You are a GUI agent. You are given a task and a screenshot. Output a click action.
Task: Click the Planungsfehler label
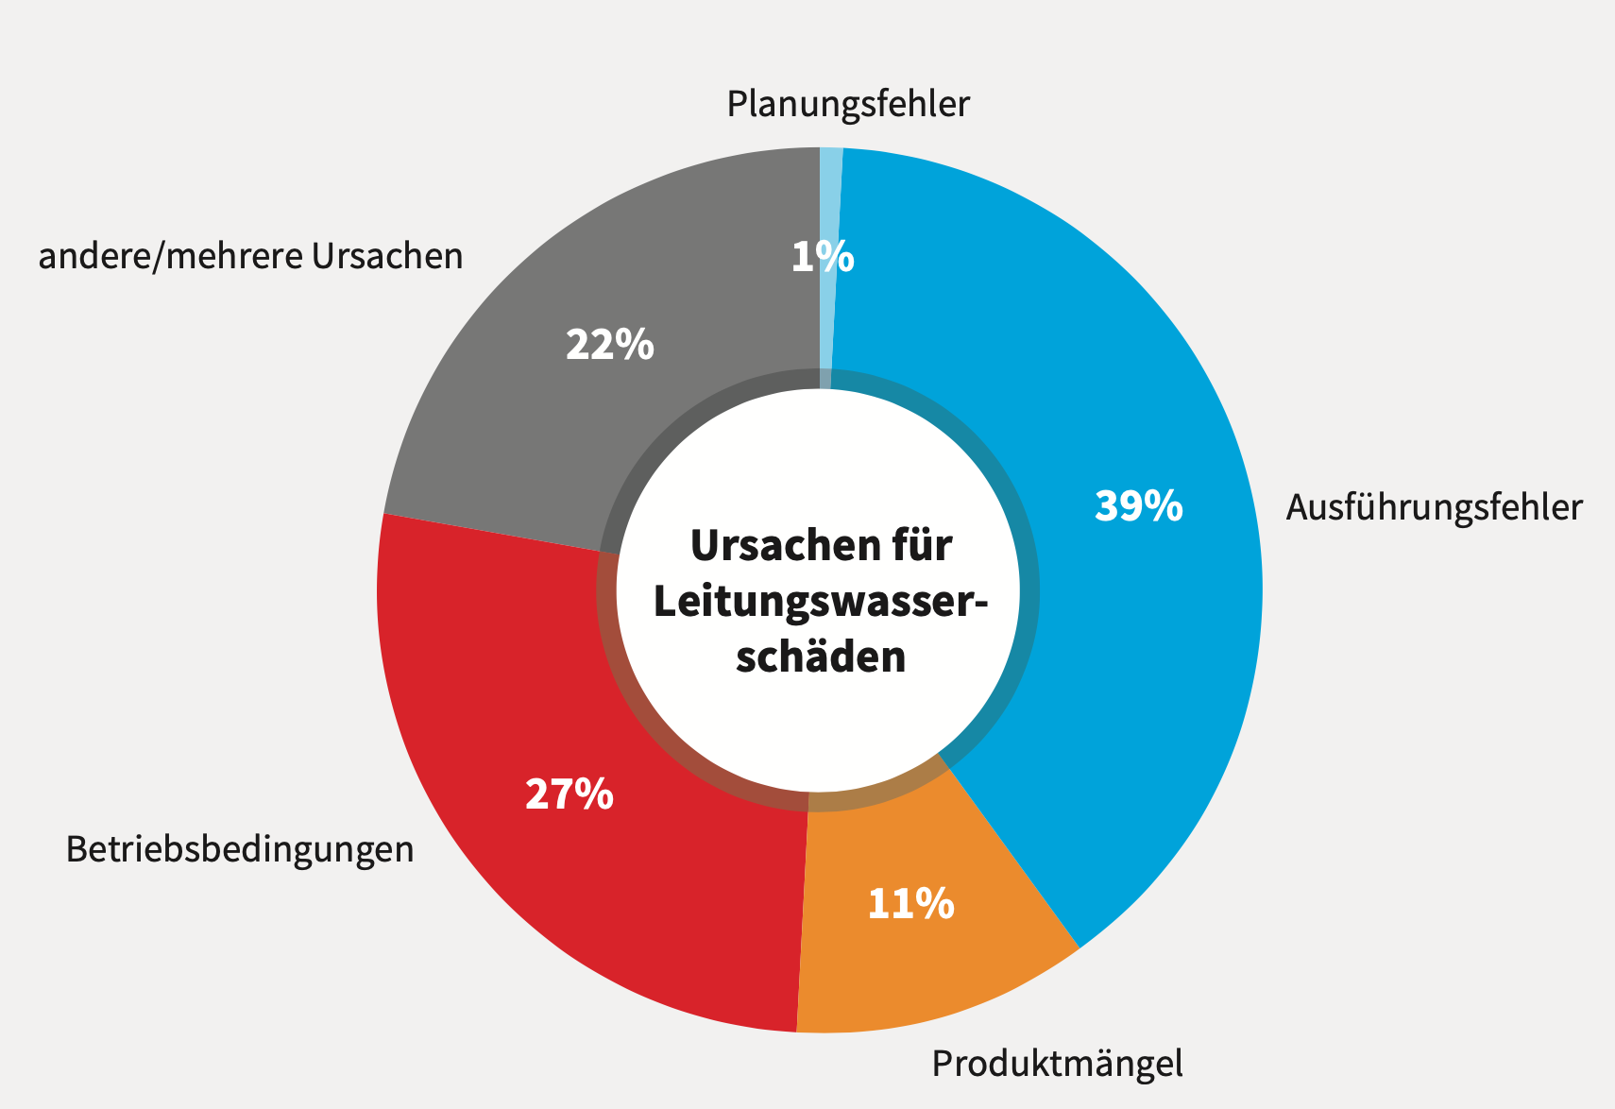(x=847, y=104)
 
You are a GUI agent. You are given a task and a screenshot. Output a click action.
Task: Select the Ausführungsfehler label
(x=1433, y=508)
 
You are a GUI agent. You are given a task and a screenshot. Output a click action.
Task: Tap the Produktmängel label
(x=1056, y=1064)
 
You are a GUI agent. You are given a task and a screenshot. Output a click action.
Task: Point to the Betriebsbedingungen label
(x=239, y=849)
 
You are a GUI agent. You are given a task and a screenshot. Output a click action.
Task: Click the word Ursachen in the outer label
(x=387, y=256)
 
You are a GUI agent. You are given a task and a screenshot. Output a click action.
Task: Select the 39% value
(x=1138, y=506)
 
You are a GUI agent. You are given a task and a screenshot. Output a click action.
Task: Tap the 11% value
(x=910, y=904)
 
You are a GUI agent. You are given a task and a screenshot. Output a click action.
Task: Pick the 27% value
(x=569, y=794)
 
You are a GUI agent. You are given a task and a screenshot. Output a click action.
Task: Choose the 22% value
(x=609, y=345)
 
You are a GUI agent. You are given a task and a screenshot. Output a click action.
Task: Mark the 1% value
(x=822, y=257)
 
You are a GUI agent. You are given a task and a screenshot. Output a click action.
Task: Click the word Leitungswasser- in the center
(x=820, y=602)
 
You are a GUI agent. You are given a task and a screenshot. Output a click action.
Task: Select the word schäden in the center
(x=820, y=657)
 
